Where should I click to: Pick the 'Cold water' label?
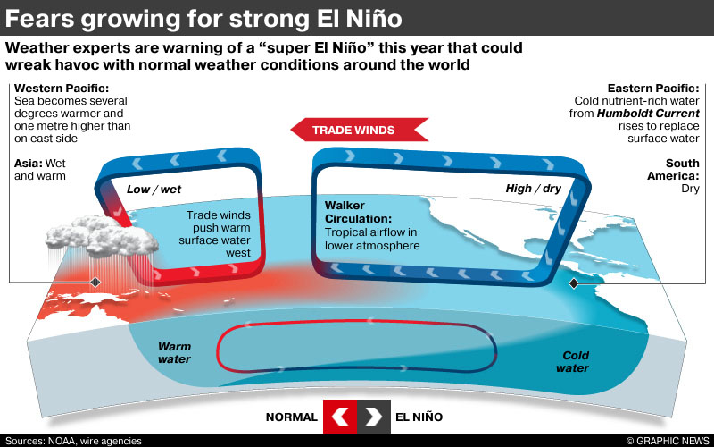coord(572,361)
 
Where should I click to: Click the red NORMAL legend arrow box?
coord(339,417)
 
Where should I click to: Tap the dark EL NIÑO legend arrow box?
coord(373,417)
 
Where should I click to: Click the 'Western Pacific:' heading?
coord(62,89)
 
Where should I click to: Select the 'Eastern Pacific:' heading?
coord(653,89)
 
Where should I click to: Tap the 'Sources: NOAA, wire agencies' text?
coord(74,440)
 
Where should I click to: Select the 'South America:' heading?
coord(682,170)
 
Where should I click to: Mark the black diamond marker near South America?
coord(573,283)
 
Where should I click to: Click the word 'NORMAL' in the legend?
coord(291,417)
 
